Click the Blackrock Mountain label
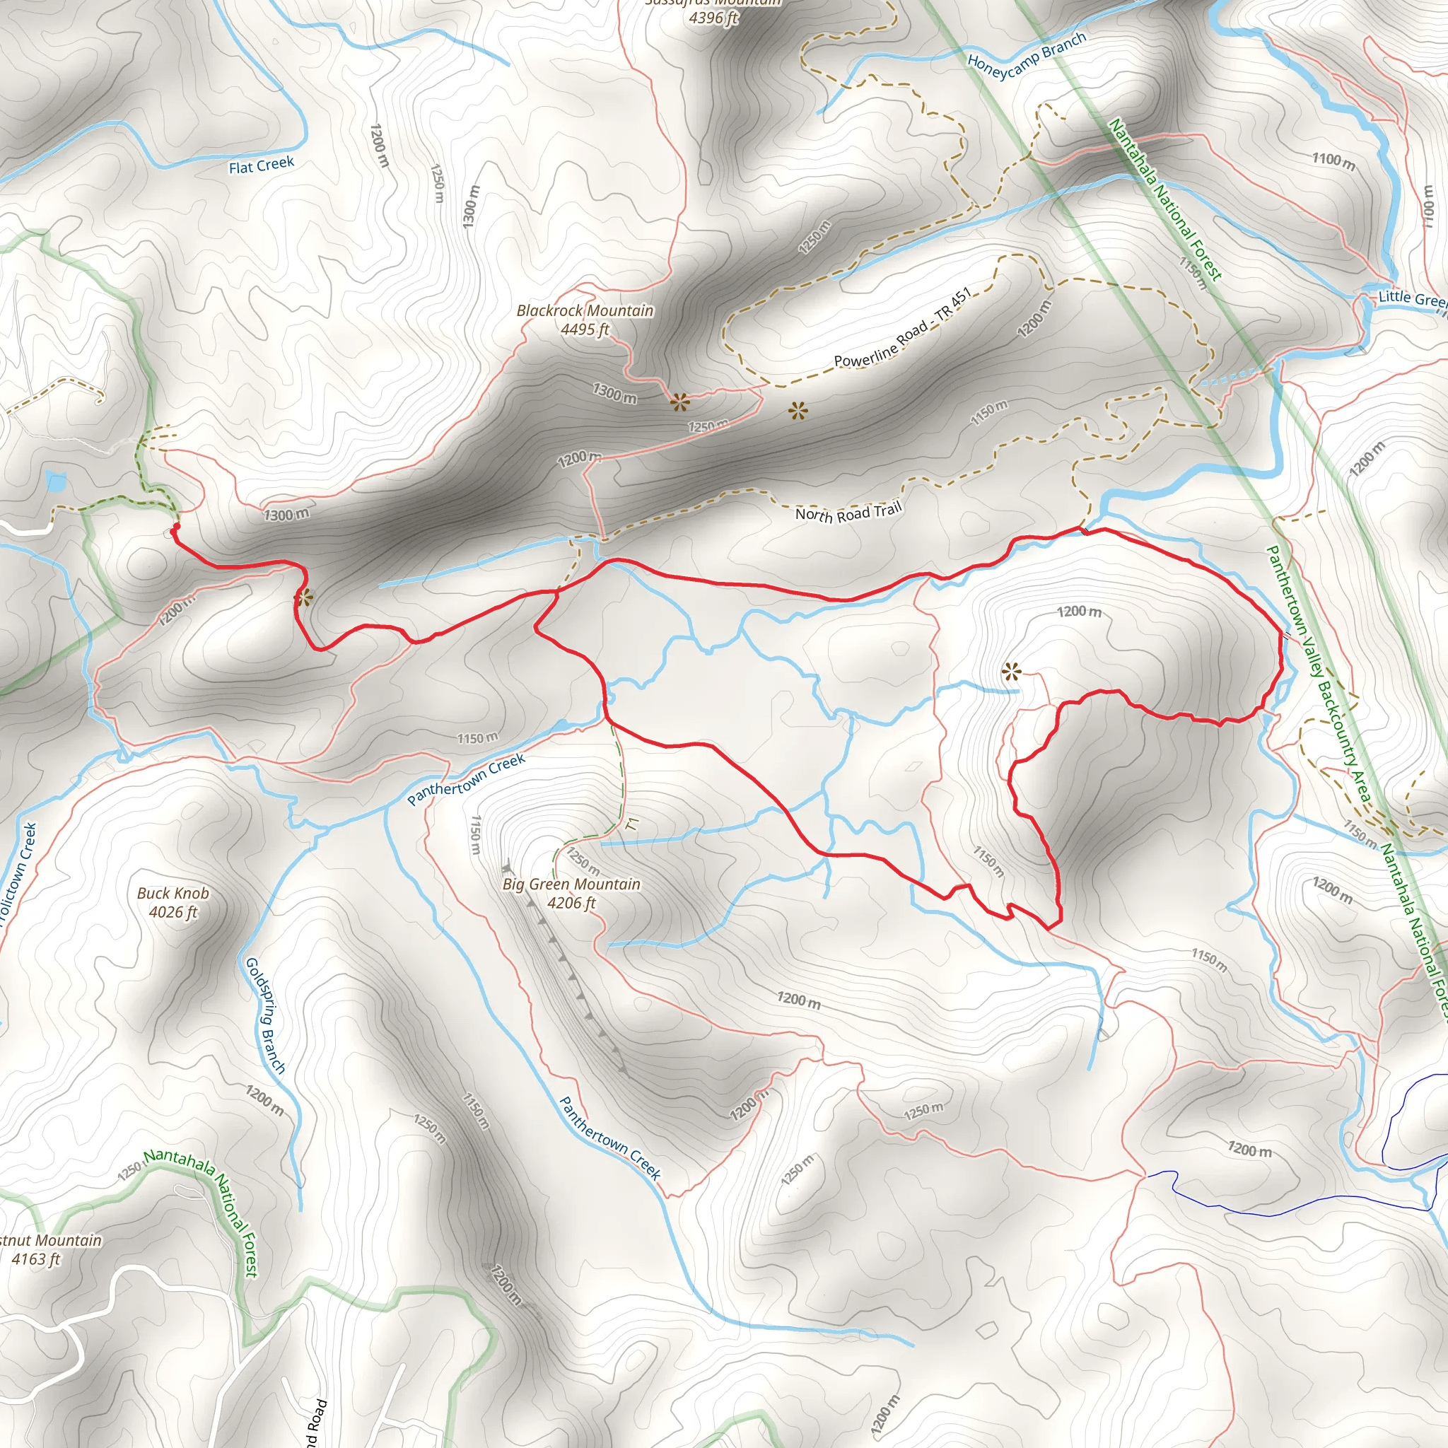pyautogui.click(x=585, y=310)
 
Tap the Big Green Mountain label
pyautogui.click(x=571, y=884)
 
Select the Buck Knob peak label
pyautogui.click(x=173, y=894)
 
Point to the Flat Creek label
pyautogui.click(x=262, y=165)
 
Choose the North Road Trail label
pyautogui.click(x=848, y=513)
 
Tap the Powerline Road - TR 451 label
pyautogui.click(x=902, y=328)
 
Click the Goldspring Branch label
pyautogui.click(x=265, y=1015)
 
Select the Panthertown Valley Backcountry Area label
pyautogui.click(x=1319, y=675)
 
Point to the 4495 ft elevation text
pyautogui.click(x=585, y=329)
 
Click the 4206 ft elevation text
pyautogui.click(x=571, y=903)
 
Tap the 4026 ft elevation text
pyautogui.click(x=173, y=912)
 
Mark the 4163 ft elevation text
pyautogui.click(x=35, y=1259)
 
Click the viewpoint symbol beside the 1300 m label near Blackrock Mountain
pyautogui.click(x=679, y=403)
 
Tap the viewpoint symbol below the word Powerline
pyautogui.click(x=798, y=410)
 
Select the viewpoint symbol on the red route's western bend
pyautogui.click(x=303, y=598)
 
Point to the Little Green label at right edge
pyautogui.click(x=1411, y=298)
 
